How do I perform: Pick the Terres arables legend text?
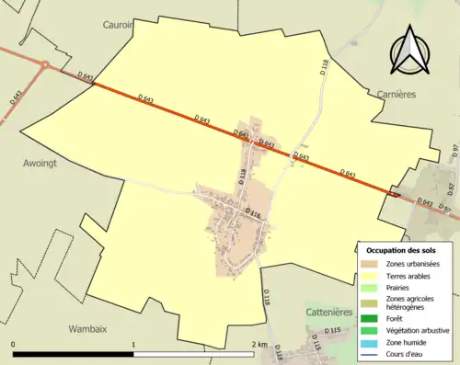[413, 276]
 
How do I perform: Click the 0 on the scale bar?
[14, 345]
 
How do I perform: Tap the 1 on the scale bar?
[134, 345]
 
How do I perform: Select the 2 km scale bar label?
[259, 345]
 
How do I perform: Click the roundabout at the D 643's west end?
[43, 64]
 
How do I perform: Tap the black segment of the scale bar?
[74, 355]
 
